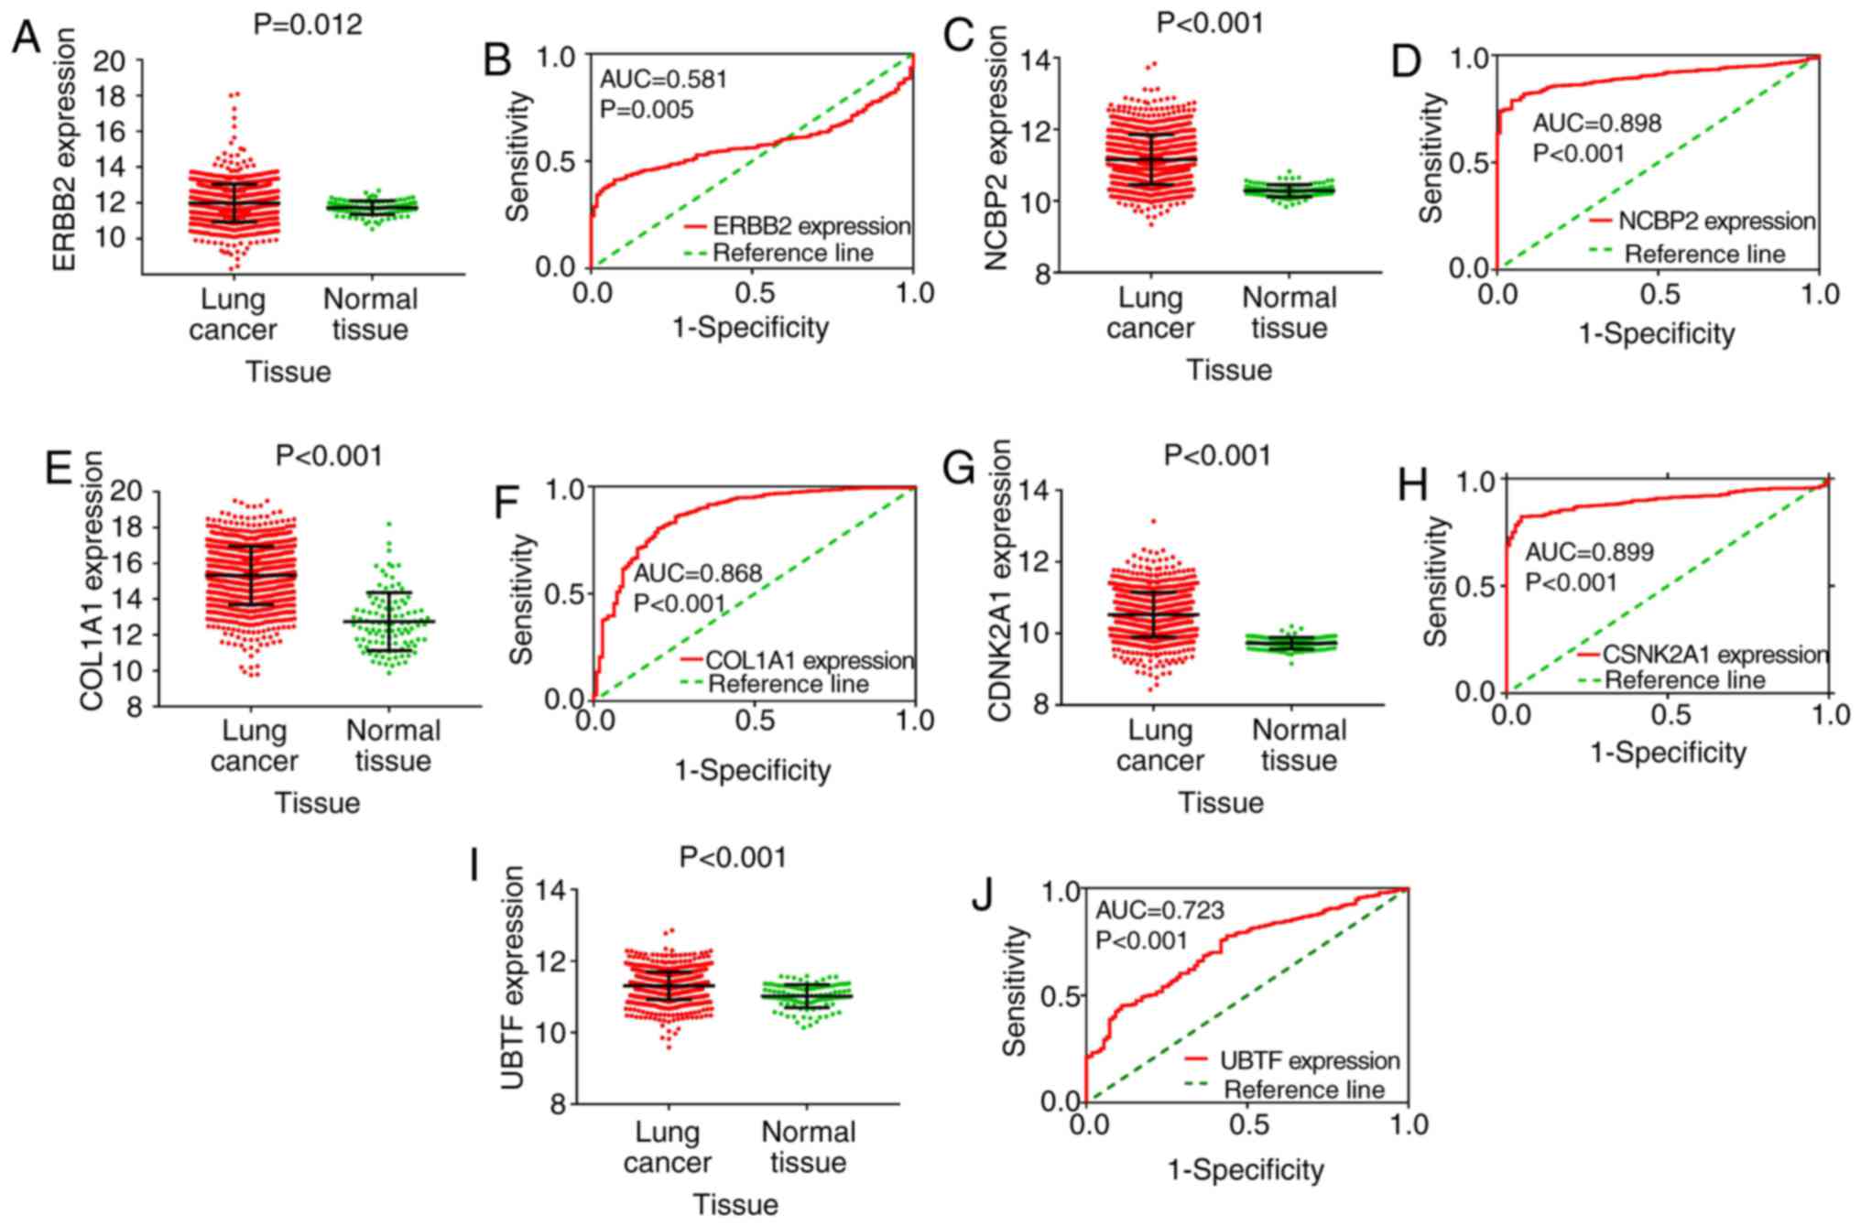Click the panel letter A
pyautogui.click(x=27, y=38)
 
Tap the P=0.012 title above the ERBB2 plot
pyautogui.click(x=308, y=24)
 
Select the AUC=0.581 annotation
pyautogui.click(x=663, y=80)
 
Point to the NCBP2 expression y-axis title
pyautogui.click(x=996, y=147)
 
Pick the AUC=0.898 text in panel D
pyautogui.click(x=1596, y=123)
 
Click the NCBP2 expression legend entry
pyautogui.click(x=1716, y=222)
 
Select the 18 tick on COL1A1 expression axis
pyautogui.click(x=126, y=527)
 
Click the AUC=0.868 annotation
pyautogui.click(x=698, y=574)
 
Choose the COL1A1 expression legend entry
pyautogui.click(x=810, y=660)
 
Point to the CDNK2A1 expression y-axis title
pyautogui.click(x=1000, y=580)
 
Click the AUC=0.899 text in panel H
pyautogui.click(x=1589, y=552)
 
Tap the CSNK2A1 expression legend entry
pyautogui.click(x=1714, y=655)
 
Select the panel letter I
pyautogui.click(x=475, y=866)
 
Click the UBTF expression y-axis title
pyautogui.click(x=513, y=978)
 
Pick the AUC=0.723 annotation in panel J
pyautogui.click(x=1160, y=910)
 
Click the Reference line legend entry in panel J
pyautogui.click(x=1303, y=1090)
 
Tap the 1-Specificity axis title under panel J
pyautogui.click(x=1246, y=1169)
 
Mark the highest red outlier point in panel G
pyautogui.click(x=1153, y=521)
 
